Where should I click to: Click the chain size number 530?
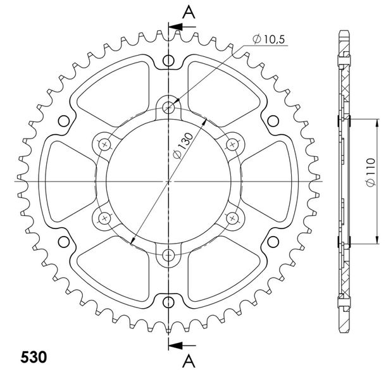(34, 357)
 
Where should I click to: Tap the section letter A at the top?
(189, 12)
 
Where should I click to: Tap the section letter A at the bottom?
(189, 361)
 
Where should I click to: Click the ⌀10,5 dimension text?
(269, 39)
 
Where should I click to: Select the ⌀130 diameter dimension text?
(182, 146)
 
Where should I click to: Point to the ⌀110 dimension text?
(370, 172)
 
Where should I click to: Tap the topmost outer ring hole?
(168, 60)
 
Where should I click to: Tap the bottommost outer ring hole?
(168, 302)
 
